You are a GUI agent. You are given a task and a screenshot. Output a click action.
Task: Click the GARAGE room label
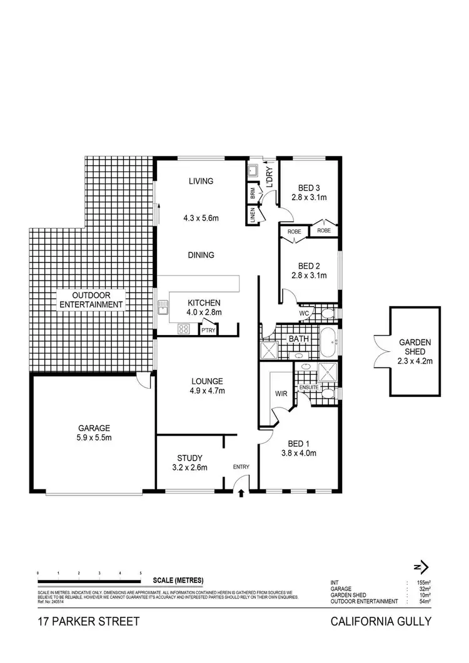coord(94,428)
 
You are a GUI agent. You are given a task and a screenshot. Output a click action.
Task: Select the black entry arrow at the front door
coord(241,494)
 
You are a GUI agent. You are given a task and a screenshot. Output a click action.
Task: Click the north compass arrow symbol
coord(422,567)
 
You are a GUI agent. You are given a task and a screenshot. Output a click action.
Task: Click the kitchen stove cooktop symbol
coord(184,328)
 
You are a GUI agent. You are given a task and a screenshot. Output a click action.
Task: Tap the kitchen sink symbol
coord(164,307)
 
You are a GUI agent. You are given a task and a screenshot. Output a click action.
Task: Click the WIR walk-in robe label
coord(280,394)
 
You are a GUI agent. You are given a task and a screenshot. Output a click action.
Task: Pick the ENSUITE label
coord(309,387)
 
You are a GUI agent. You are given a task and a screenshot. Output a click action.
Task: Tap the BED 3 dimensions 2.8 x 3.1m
coord(309,197)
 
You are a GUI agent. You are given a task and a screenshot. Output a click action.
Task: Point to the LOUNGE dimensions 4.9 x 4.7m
coord(207,391)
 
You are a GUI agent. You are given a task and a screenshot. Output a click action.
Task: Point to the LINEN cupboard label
coord(253,217)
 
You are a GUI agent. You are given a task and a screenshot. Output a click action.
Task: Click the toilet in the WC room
coord(328,313)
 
